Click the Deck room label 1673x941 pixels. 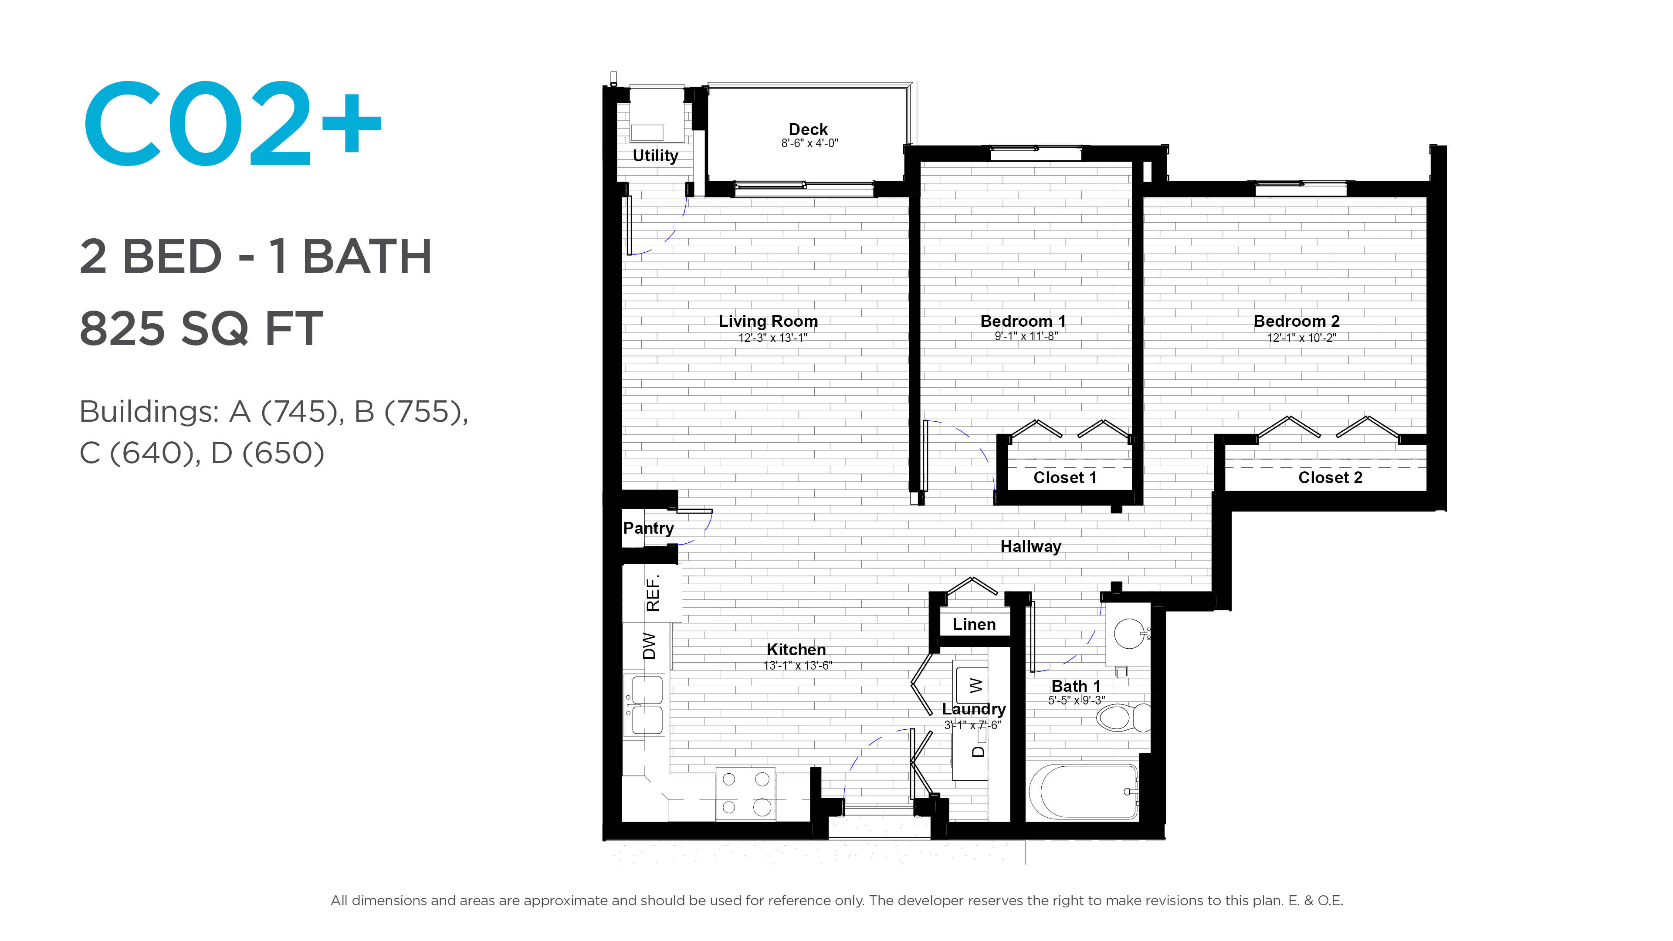(x=808, y=129)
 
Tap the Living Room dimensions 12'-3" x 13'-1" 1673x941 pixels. (x=772, y=338)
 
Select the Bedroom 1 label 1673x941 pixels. (x=1023, y=321)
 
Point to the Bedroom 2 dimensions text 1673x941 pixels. (x=1301, y=338)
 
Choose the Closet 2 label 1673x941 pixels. (x=1330, y=477)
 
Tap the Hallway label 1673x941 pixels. (x=1031, y=547)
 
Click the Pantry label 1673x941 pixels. (x=648, y=528)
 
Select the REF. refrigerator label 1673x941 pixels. (x=653, y=592)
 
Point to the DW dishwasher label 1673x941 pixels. (x=649, y=646)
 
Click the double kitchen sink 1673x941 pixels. (x=644, y=704)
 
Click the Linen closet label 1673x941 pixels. (x=974, y=624)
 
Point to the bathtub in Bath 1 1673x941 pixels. (x=1083, y=792)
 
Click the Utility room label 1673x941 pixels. (x=655, y=156)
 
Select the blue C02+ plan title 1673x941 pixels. (x=233, y=123)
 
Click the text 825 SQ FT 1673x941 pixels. (x=201, y=328)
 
